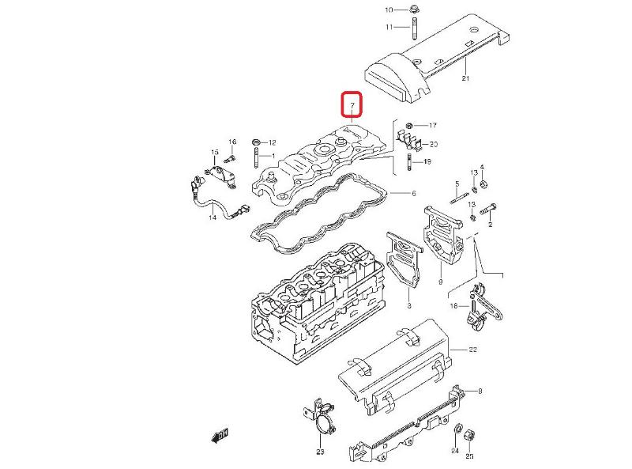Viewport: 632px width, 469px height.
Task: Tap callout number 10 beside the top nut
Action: coord(389,9)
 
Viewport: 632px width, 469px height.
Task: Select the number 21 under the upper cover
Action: coord(465,78)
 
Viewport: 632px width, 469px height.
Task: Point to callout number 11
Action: coord(389,27)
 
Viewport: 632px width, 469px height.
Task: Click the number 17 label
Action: coord(433,125)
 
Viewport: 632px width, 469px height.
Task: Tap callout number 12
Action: coord(273,142)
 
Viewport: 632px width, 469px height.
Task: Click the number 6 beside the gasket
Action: coord(412,193)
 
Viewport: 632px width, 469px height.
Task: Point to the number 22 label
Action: coord(472,349)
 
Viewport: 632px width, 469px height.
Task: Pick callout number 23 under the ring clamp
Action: coord(320,452)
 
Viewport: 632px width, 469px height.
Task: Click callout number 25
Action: coord(469,456)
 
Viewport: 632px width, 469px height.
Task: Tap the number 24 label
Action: coord(454,452)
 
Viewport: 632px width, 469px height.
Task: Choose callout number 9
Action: coord(440,282)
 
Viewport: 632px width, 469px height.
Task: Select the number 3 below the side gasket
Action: coord(408,305)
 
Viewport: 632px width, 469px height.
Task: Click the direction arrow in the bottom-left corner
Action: coord(220,433)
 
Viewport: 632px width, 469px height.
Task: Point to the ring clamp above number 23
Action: coord(324,426)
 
